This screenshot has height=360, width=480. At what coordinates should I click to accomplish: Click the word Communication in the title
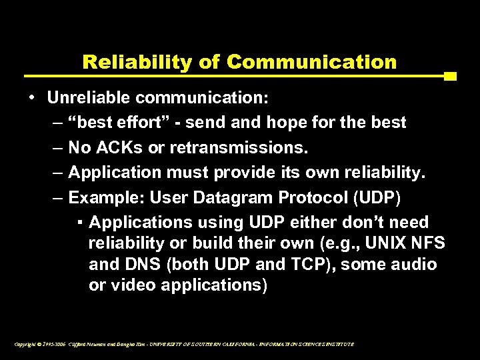[x=311, y=62]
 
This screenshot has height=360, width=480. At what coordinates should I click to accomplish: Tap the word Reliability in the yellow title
[x=136, y=62]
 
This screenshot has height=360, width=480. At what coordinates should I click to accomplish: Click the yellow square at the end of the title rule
[x=450, y=76]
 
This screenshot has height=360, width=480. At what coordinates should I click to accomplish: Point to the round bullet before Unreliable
[x=32, y=98]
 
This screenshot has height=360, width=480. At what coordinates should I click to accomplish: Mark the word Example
[x=106, y=197]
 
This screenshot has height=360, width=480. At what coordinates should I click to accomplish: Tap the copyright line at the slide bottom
[x=183, y=344]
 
